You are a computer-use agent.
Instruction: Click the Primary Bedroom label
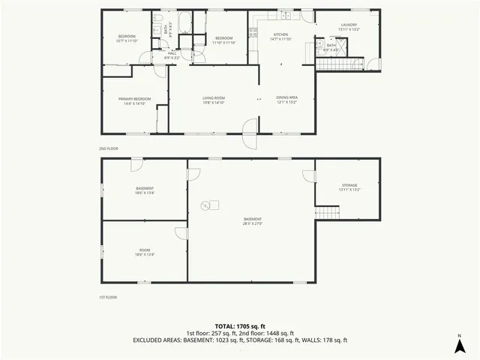click(135, 99)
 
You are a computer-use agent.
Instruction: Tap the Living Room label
click(214, 98)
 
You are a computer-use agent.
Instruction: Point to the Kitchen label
click(280, 35)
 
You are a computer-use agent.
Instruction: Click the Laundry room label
click(349, 25)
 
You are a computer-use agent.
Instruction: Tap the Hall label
click(172, 53)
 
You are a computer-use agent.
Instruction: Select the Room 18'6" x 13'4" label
click(145, 253)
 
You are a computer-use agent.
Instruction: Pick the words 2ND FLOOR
click(109, 148)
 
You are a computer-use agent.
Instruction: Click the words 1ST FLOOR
click(108, 297)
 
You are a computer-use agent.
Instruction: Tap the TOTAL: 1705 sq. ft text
click(240, 326)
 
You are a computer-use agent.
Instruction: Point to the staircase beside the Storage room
click(322, 213)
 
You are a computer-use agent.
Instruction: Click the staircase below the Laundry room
click(328, 64)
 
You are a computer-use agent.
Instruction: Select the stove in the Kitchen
click(253, 32)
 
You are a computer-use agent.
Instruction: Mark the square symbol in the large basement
click(213, 204)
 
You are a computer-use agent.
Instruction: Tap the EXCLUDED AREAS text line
click(240, 340)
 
